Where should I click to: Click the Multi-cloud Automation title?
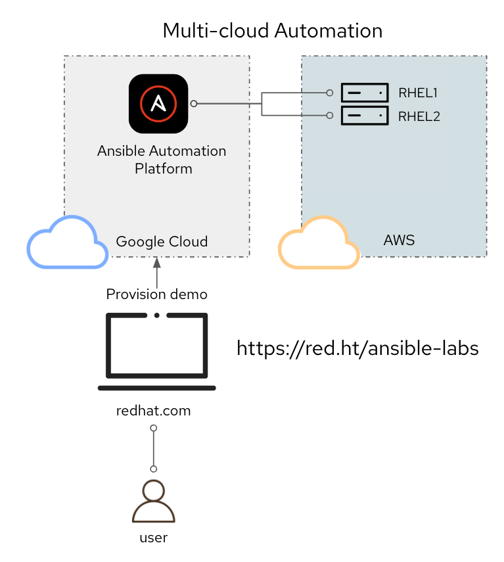coord(273,30)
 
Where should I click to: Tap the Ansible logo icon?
coord(158,104)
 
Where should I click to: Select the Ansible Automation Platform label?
coord(162,160)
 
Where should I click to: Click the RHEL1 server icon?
coord(365,93)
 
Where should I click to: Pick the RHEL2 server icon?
coord(365,116)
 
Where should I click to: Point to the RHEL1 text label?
coord(418,93)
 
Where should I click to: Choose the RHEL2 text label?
coord(419,116)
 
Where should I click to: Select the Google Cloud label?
coord(162,242)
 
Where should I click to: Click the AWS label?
coord(399,240)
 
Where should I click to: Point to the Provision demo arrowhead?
coord(157,262)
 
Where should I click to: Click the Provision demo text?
coord(157,294)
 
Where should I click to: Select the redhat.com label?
coord(153,411)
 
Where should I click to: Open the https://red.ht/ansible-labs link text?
coord(358,348)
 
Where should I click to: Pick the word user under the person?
coord(154,538)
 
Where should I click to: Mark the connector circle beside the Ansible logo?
coord(194,104)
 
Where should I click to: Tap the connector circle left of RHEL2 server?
coord(330,116)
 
